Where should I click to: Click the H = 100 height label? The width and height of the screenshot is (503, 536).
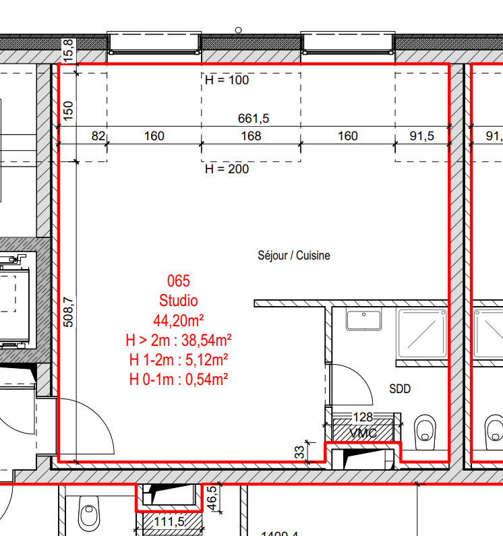pyautogui.click(x=227, y=80)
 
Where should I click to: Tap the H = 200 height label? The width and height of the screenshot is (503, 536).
pyautogui.click(x=227, y=169)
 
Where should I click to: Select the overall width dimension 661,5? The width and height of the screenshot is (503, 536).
pyautogui.click(x=254, y=119)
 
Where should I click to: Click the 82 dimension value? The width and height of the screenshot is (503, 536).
pyautogui.click(x=98, y=136)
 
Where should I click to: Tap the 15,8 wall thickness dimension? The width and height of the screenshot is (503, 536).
pyautogui.click(x=68, y=51)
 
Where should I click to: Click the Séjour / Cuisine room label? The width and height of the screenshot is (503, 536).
pyautogui.click(x=294, y=256)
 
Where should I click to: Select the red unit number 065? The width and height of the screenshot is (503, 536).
pyautogui.click(x=179, y=281)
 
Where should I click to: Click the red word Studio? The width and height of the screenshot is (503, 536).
pyautogui.click(x=179, y=301)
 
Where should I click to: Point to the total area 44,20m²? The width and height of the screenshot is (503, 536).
pyautogui.click(x=179, y=320)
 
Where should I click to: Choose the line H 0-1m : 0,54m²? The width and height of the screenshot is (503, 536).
pyautogui.click(x=179, y=380)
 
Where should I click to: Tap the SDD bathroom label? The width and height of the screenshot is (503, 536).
pyautogui.click(x=400, y=389)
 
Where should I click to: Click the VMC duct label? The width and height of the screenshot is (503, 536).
pyautogui.click(x=364, y=433)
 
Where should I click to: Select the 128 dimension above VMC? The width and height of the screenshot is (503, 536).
pyautogui.click(x=363, y=418)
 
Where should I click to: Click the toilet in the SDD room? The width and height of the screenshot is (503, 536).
pyautogui.click(x=425, y=429)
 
